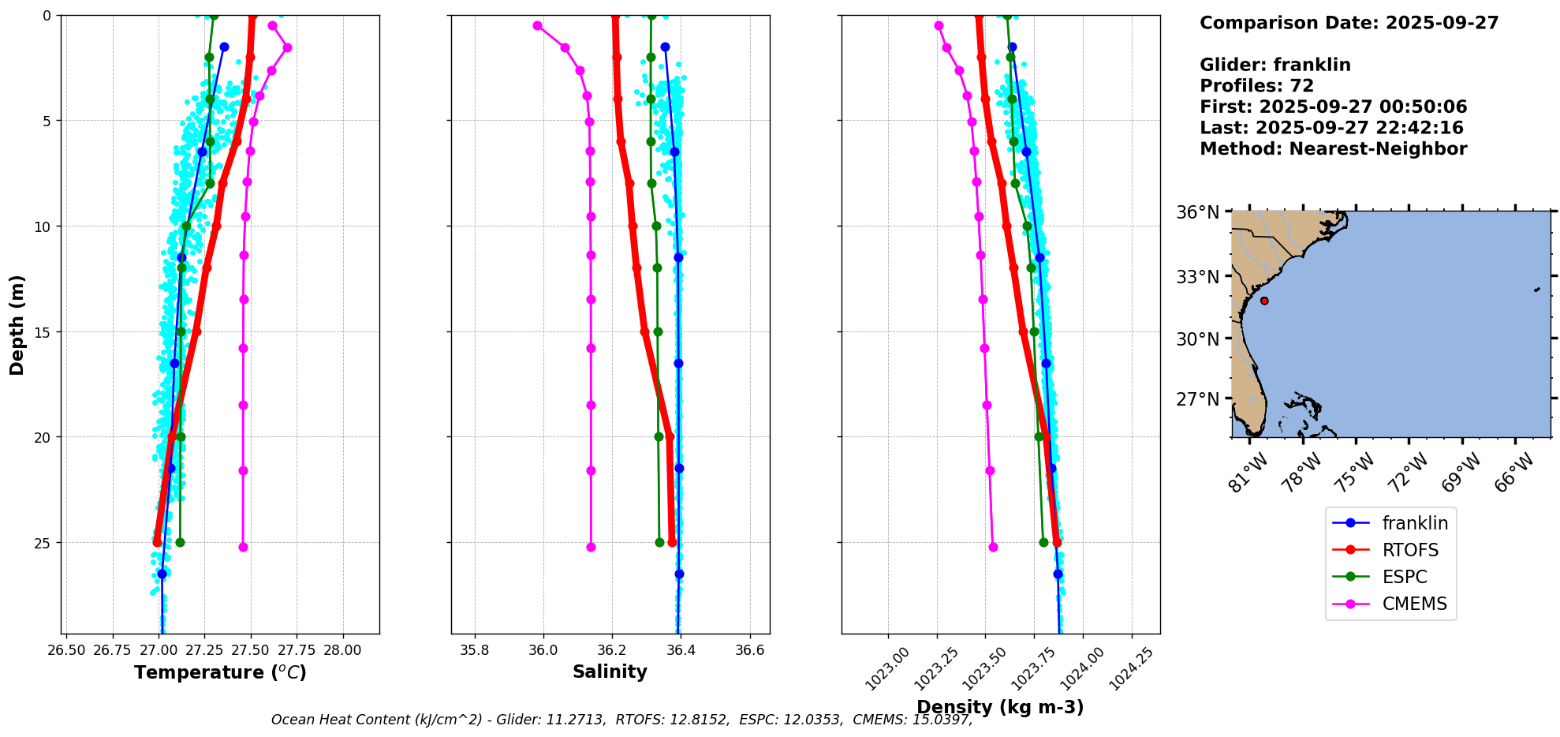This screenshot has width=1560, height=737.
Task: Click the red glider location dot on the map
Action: click(1264, 301)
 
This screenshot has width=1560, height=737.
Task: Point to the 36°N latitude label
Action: click(1198, 212)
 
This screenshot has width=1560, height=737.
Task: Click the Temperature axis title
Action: click(220, 672)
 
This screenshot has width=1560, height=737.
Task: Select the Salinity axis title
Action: click(610, 672)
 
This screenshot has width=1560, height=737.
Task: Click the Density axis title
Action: click(999, 707)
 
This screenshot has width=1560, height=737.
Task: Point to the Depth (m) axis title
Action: click(17, 324)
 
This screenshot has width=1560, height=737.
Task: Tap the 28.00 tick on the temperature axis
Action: click(343, 650)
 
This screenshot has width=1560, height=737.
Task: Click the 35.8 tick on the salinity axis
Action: click(475, 650)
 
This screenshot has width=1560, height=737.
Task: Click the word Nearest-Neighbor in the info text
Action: click(1379, 149)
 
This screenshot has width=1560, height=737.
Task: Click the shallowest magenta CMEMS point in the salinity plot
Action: click(537, 25)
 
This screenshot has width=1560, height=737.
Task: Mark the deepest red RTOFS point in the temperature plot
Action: click(157, 542)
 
